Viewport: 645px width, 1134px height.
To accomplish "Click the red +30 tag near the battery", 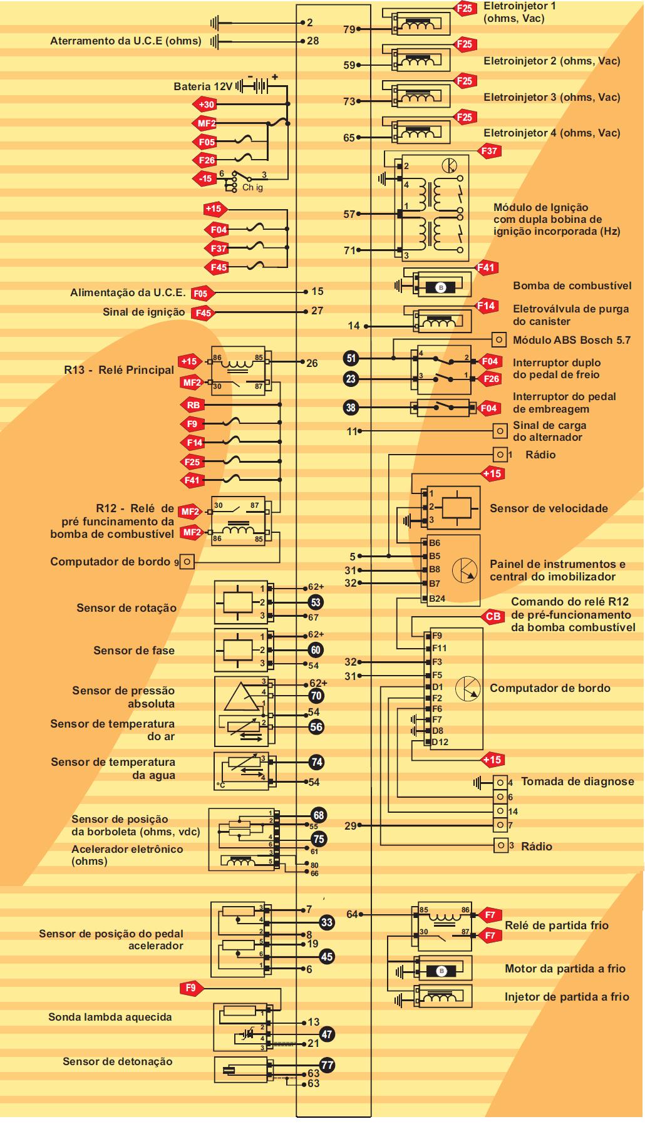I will (206, 105).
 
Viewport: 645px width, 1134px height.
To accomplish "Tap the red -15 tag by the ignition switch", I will (205, 178).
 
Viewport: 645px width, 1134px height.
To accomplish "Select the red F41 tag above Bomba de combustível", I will (486, 268).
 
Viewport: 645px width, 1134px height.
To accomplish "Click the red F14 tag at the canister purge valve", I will (486, 306).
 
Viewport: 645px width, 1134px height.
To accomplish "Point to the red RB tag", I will (192, 405).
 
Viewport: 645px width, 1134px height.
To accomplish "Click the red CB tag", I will (493, 616).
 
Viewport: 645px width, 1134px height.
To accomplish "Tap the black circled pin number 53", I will (316, 602).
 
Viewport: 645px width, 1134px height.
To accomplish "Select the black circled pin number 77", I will (327, 1064).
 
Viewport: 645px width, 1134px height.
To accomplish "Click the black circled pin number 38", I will (351, 408).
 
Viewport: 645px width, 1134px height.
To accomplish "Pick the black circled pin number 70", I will (316, 695).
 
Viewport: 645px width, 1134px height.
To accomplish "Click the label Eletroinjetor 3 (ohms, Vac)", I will (552, 97).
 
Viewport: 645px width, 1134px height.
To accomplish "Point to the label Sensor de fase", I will (134, 651).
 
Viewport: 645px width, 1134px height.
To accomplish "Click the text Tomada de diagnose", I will (577, 781).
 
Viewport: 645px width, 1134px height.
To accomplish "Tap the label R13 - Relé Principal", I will (119, 370).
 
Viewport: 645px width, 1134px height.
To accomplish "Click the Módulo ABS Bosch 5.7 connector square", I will (499, 339).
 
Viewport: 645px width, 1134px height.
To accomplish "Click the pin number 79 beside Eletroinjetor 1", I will (349, 29).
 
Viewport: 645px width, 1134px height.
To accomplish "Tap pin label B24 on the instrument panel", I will (437, 599).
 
